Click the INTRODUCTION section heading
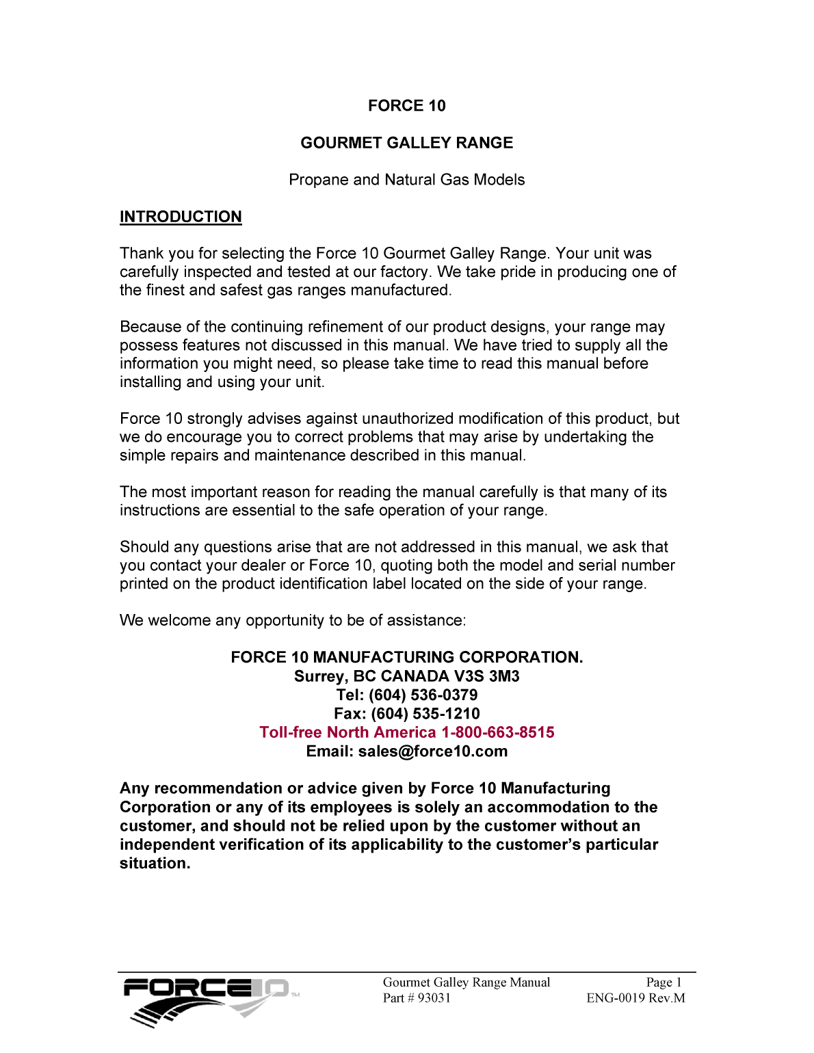click(181, 217)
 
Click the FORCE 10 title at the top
click(406, 106)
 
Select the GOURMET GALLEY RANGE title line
click(406, 143)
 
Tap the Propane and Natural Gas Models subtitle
click(406, 180)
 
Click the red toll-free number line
click(406, 732)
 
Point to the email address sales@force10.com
click(432, 751)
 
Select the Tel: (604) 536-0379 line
click(406, 695)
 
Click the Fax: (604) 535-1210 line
click(406, 714)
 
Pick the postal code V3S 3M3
click(486, 676)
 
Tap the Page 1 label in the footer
click(664, 983)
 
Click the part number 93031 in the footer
click(434, 998)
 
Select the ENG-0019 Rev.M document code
click(635, 998)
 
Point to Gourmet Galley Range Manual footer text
click(466, 983)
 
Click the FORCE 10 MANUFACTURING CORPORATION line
click(406, 657)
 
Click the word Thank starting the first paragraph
click(142, 254)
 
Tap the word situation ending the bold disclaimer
click(154, 864)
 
